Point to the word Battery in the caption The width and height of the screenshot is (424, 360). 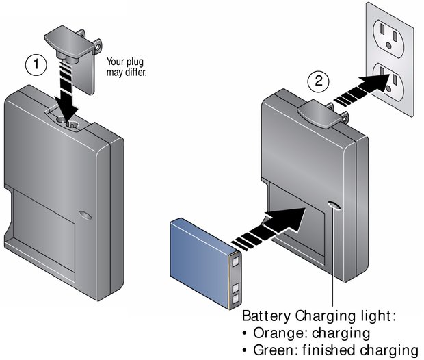point(267,317)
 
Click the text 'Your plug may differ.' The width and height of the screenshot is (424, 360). point(127,66)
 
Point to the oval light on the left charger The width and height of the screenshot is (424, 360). point(83,215)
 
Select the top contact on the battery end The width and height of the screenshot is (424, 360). point(236,260)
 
